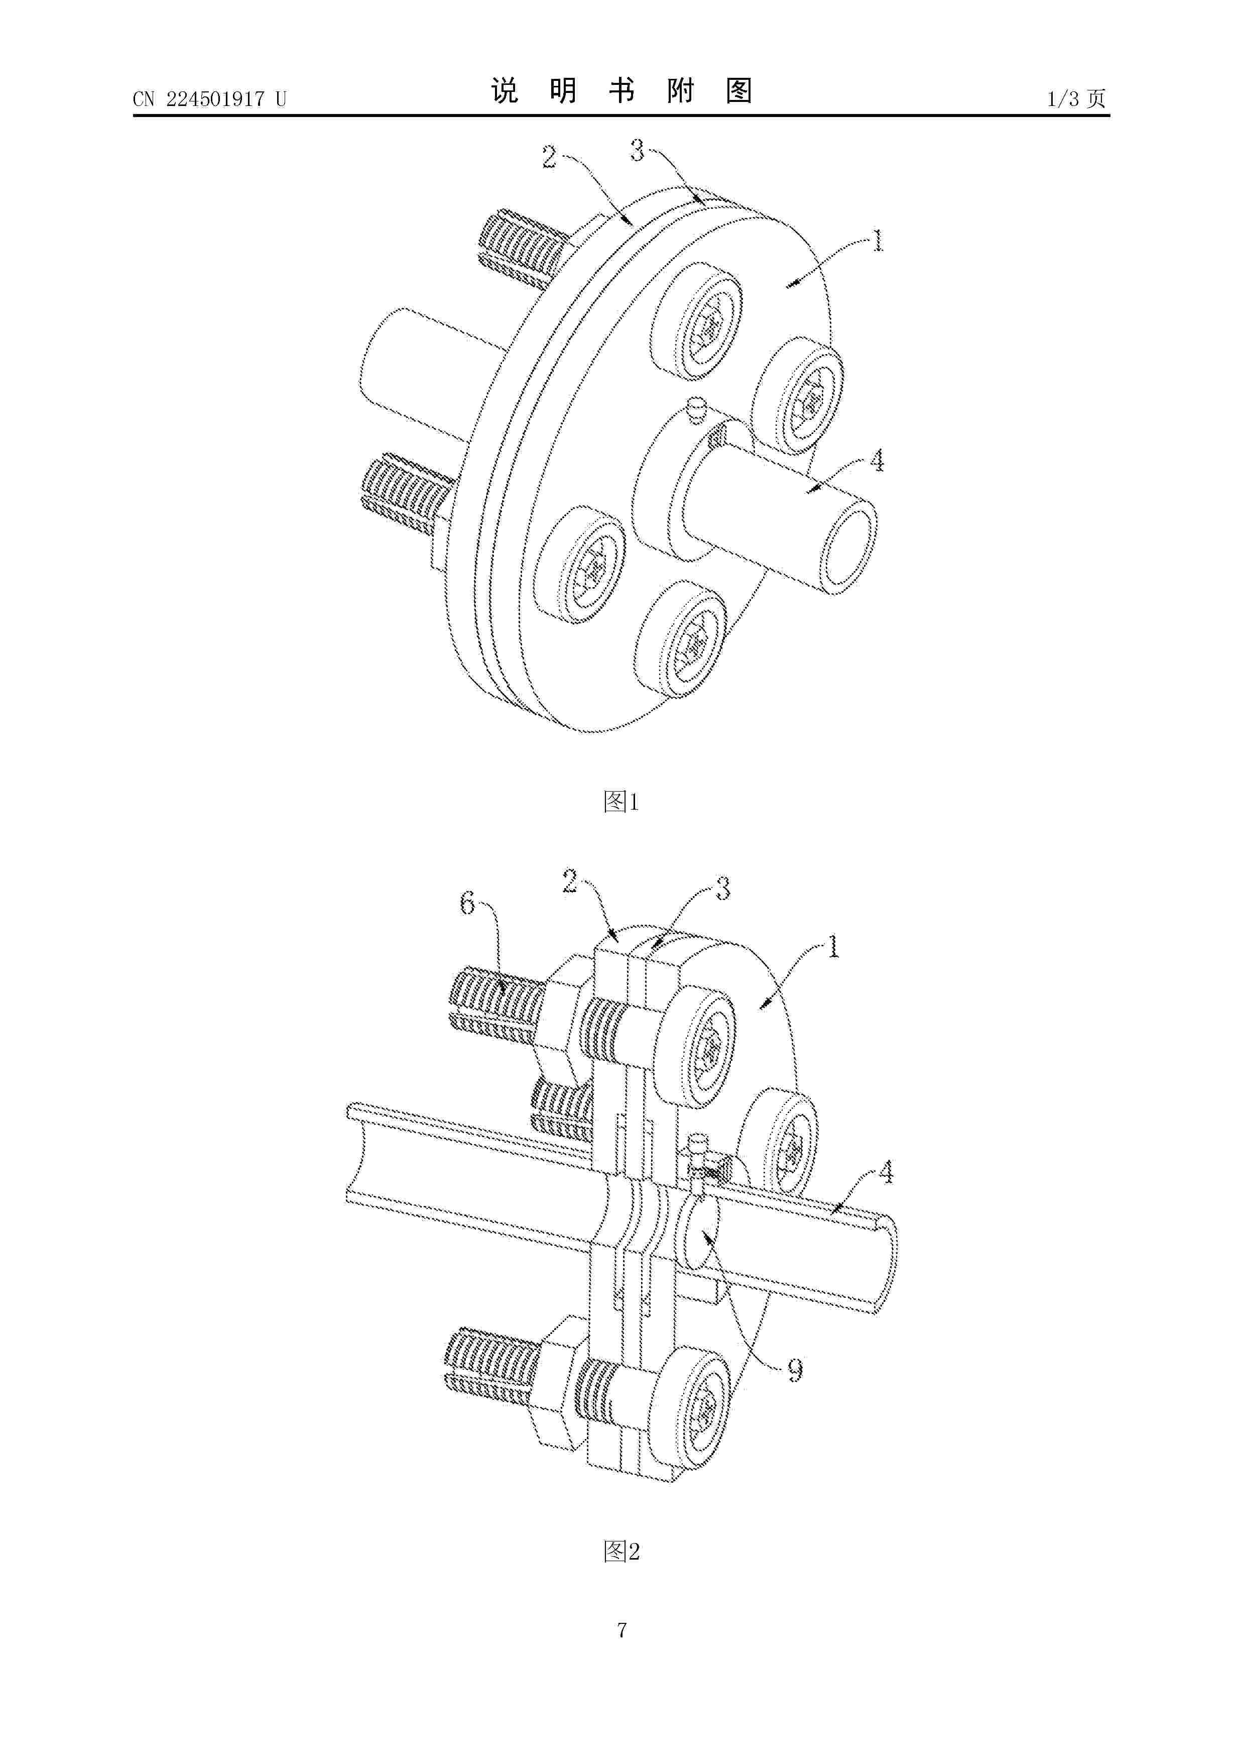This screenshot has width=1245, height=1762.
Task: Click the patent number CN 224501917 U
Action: tap(209, 99)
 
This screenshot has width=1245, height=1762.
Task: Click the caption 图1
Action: tap(621, 802)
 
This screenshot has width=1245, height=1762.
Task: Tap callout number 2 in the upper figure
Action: tap(549, 157)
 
